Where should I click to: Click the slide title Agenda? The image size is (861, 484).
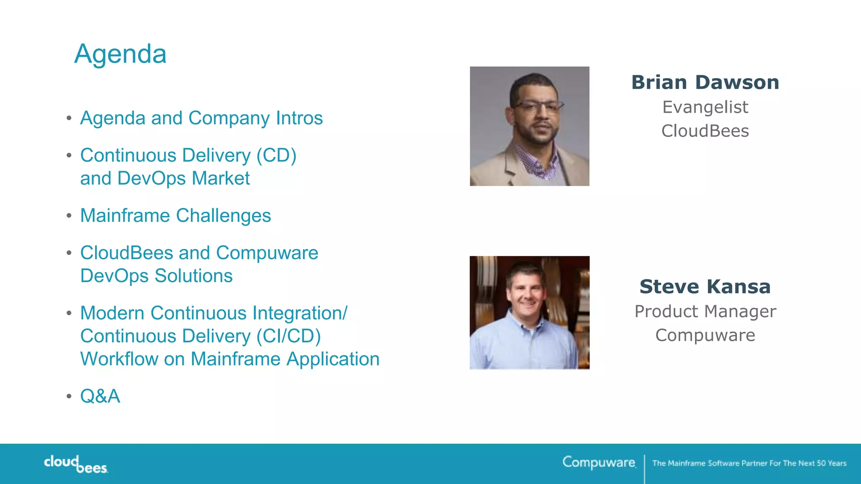[120, 54]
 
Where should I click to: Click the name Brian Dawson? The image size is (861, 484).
[705, 82]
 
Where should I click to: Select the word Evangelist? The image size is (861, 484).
[705, 108]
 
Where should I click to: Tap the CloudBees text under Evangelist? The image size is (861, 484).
[705, 131]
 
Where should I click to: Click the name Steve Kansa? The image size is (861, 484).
[705, 287]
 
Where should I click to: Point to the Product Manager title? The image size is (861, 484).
[705, 312]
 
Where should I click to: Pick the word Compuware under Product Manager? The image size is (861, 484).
[705, 335]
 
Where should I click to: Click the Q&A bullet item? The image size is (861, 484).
[100, 396]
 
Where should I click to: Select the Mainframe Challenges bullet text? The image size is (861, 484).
[175, 216]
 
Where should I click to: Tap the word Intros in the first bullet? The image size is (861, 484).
[299, 118]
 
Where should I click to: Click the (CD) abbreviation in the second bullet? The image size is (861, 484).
[276, 155]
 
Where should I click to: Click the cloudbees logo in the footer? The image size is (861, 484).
[76, 464]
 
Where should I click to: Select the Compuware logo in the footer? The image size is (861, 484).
[599, 463]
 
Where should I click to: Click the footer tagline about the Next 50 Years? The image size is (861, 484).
[749, 463]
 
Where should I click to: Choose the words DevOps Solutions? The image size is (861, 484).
[156, 276]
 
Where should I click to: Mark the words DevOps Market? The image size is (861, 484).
[183, 179]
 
